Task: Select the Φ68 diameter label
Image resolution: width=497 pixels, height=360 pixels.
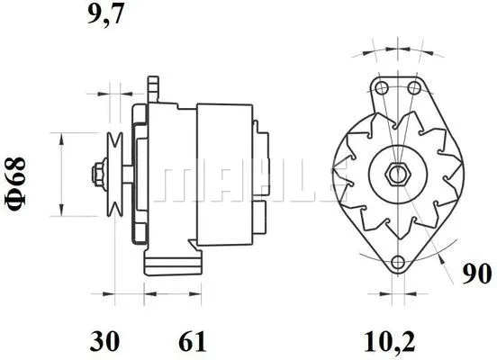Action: [x=18, y=184]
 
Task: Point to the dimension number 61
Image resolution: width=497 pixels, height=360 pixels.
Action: [x=191, y=341]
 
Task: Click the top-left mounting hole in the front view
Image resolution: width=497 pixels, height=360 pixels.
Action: [x=380, y=87]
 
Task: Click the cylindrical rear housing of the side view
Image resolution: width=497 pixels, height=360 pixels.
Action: [x=229, y=171]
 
